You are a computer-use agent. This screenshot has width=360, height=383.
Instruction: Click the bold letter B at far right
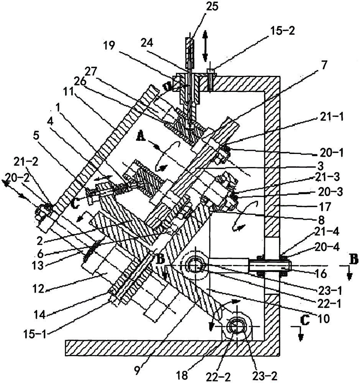coord(354,259)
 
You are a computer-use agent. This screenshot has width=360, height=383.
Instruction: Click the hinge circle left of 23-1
coord(195,265)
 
